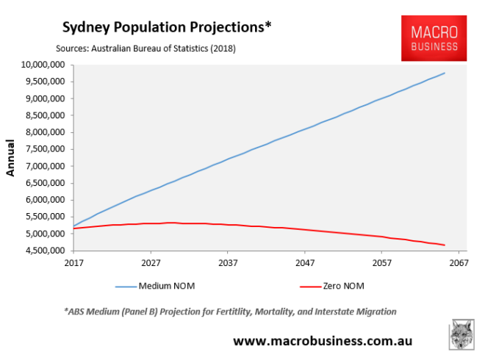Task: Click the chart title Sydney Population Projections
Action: (x=167, y=27)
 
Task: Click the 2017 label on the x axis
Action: (x=74, y=262)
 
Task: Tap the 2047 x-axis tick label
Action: (x=304, y=262)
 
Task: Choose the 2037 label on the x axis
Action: (x=228, y=262)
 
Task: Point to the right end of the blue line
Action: (x=444, y=73)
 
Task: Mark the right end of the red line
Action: (x=444, y=245)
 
